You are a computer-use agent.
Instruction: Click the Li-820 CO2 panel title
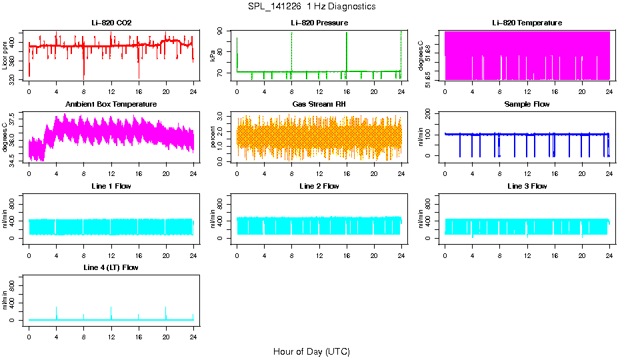click(x=111, y=23)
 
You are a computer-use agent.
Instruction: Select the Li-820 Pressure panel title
click(x=319, y=23)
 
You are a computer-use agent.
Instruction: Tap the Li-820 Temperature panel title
click(x=527, y=23)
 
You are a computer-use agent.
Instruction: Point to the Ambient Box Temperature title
click(x=111, y=105)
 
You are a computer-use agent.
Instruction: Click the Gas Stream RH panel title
click(x=319, y=105)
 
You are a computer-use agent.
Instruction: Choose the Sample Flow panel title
click(x=527, y=105)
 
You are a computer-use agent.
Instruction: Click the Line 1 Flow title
click(x=111, y=186)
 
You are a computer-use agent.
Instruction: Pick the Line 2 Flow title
click(x=319, y=186)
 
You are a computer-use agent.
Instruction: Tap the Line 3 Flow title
click(x=527, y=186)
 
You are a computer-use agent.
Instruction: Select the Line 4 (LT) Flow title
click(x=111, y=267)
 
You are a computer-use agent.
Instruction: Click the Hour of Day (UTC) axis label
click(x=311, y=351)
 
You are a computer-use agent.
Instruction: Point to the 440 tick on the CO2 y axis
click(x=14, y=33)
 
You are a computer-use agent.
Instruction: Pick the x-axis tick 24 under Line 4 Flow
click(x=193, y=329)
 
